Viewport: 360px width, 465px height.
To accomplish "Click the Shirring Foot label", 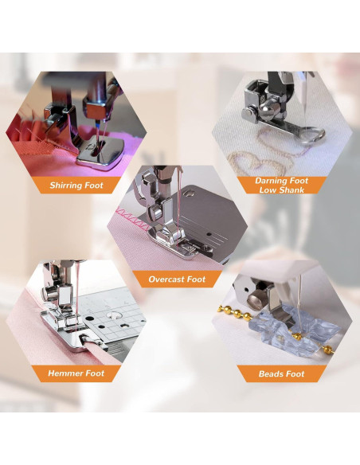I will [76, 186].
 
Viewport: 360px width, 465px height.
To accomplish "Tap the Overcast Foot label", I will [177, 279].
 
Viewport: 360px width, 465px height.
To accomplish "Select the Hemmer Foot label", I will [76, 373].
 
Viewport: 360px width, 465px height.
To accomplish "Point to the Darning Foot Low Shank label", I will [281, 186].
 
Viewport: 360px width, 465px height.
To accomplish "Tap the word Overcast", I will [165, 279].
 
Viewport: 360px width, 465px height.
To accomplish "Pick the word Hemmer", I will [65, 373].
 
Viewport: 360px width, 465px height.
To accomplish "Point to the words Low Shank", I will [281, 190].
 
